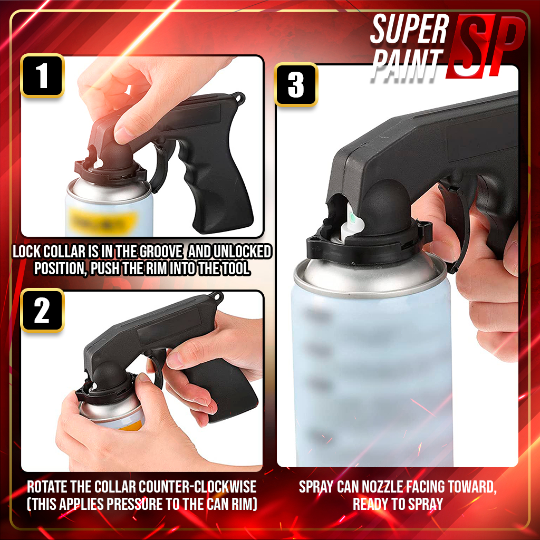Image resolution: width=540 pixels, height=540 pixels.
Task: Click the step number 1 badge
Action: pyautogui.click(x=42, y=75)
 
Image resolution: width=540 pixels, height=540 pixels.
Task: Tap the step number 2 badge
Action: pyautogui.click(x=42, y=310)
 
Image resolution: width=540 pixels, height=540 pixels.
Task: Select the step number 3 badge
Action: pyautogui.click(x=296, y=85)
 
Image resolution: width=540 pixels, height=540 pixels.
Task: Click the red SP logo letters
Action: pyautogui.click(x=486, y=46)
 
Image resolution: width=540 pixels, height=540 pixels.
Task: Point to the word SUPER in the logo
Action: pyautogui.click(x=409, y=30)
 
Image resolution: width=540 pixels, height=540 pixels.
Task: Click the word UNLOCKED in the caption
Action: pyautogui.click(x=243, y=252)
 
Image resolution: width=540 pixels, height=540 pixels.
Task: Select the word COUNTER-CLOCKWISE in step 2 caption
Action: pyautogui.click(x=198, y=487)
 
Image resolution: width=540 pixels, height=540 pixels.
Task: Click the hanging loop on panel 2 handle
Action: pyautogui.click(x=217, y=297)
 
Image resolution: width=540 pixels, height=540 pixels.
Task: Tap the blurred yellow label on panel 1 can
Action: pyautogui.click(x=103, y=221)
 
